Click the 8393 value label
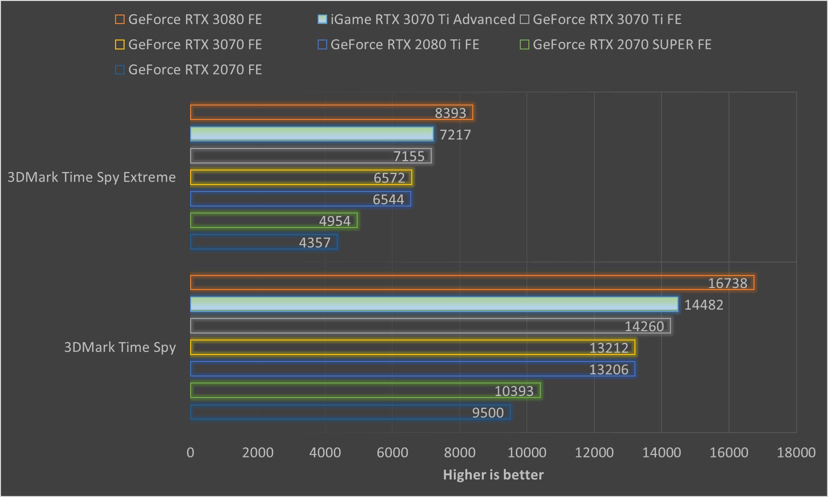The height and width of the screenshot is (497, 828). (450, 113)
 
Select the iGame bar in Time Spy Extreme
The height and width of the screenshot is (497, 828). (311, 134)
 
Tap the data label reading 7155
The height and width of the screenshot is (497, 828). (409, 156)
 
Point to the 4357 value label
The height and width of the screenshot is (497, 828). (314, 242)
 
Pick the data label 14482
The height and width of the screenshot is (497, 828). (703, 304)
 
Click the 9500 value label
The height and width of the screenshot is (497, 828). (488, 412)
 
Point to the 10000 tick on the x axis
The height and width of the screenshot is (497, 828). (527, 452)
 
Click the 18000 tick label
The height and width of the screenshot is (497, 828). (796, 452)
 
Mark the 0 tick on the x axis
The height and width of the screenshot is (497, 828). (190, 452)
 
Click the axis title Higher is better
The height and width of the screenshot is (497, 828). (493, 474)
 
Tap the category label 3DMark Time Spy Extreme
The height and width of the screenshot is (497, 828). (92, 177)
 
